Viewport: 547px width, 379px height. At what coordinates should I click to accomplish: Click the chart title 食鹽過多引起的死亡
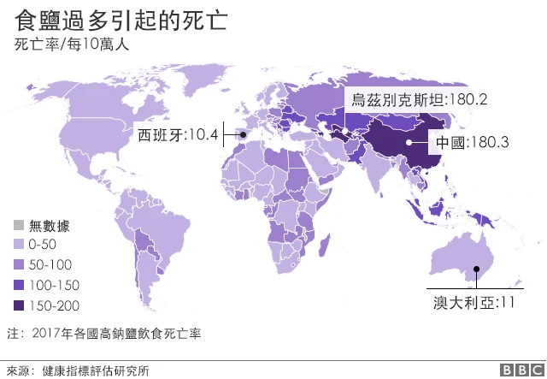click(121, 19)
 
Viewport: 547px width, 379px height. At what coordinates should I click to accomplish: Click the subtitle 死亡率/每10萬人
click(71, 44)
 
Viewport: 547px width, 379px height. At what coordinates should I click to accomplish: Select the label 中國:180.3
click(473, 143)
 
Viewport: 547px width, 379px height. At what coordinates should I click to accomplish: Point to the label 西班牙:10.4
click(177, 133)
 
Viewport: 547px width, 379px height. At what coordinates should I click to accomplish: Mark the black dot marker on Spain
click(241, 134)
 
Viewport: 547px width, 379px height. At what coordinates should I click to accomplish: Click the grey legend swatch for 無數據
click(18, 226)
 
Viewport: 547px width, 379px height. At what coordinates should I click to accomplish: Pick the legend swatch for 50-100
click(18, 265)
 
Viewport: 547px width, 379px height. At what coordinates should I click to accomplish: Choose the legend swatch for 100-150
click(18, 285)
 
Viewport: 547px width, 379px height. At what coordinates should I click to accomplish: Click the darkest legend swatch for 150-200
click(18, 305)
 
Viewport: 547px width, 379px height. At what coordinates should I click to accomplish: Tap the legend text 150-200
click(55, 305)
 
